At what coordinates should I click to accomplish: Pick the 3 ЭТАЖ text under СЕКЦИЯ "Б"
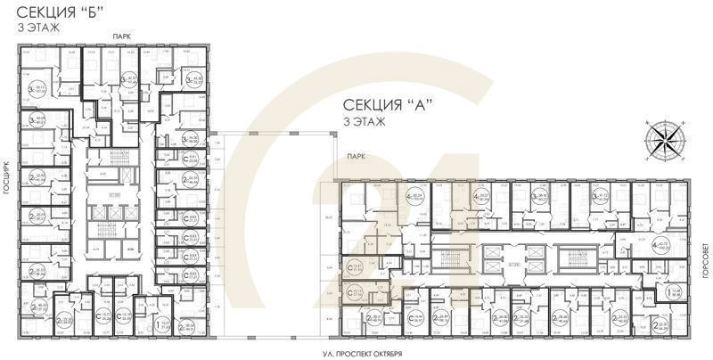35,29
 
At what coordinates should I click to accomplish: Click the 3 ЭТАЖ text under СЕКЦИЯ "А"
364,121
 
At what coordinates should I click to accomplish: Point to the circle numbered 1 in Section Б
162,326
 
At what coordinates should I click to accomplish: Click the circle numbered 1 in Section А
651,290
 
